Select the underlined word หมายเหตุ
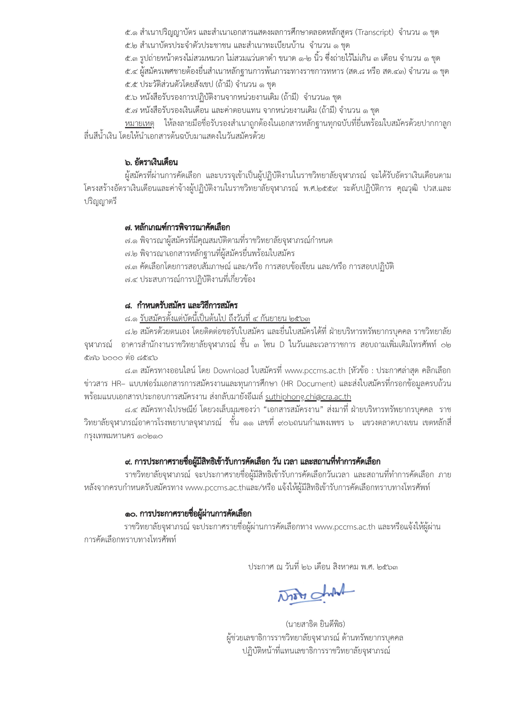[x=139, y=123]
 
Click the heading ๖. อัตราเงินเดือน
[x=151, y=162]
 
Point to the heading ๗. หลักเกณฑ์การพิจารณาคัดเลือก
[x=177, y=227]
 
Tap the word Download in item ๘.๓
[x=231, y=370]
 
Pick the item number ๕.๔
[x=131, y=71]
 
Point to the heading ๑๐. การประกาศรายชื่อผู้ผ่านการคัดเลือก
[x=188, y=514]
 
